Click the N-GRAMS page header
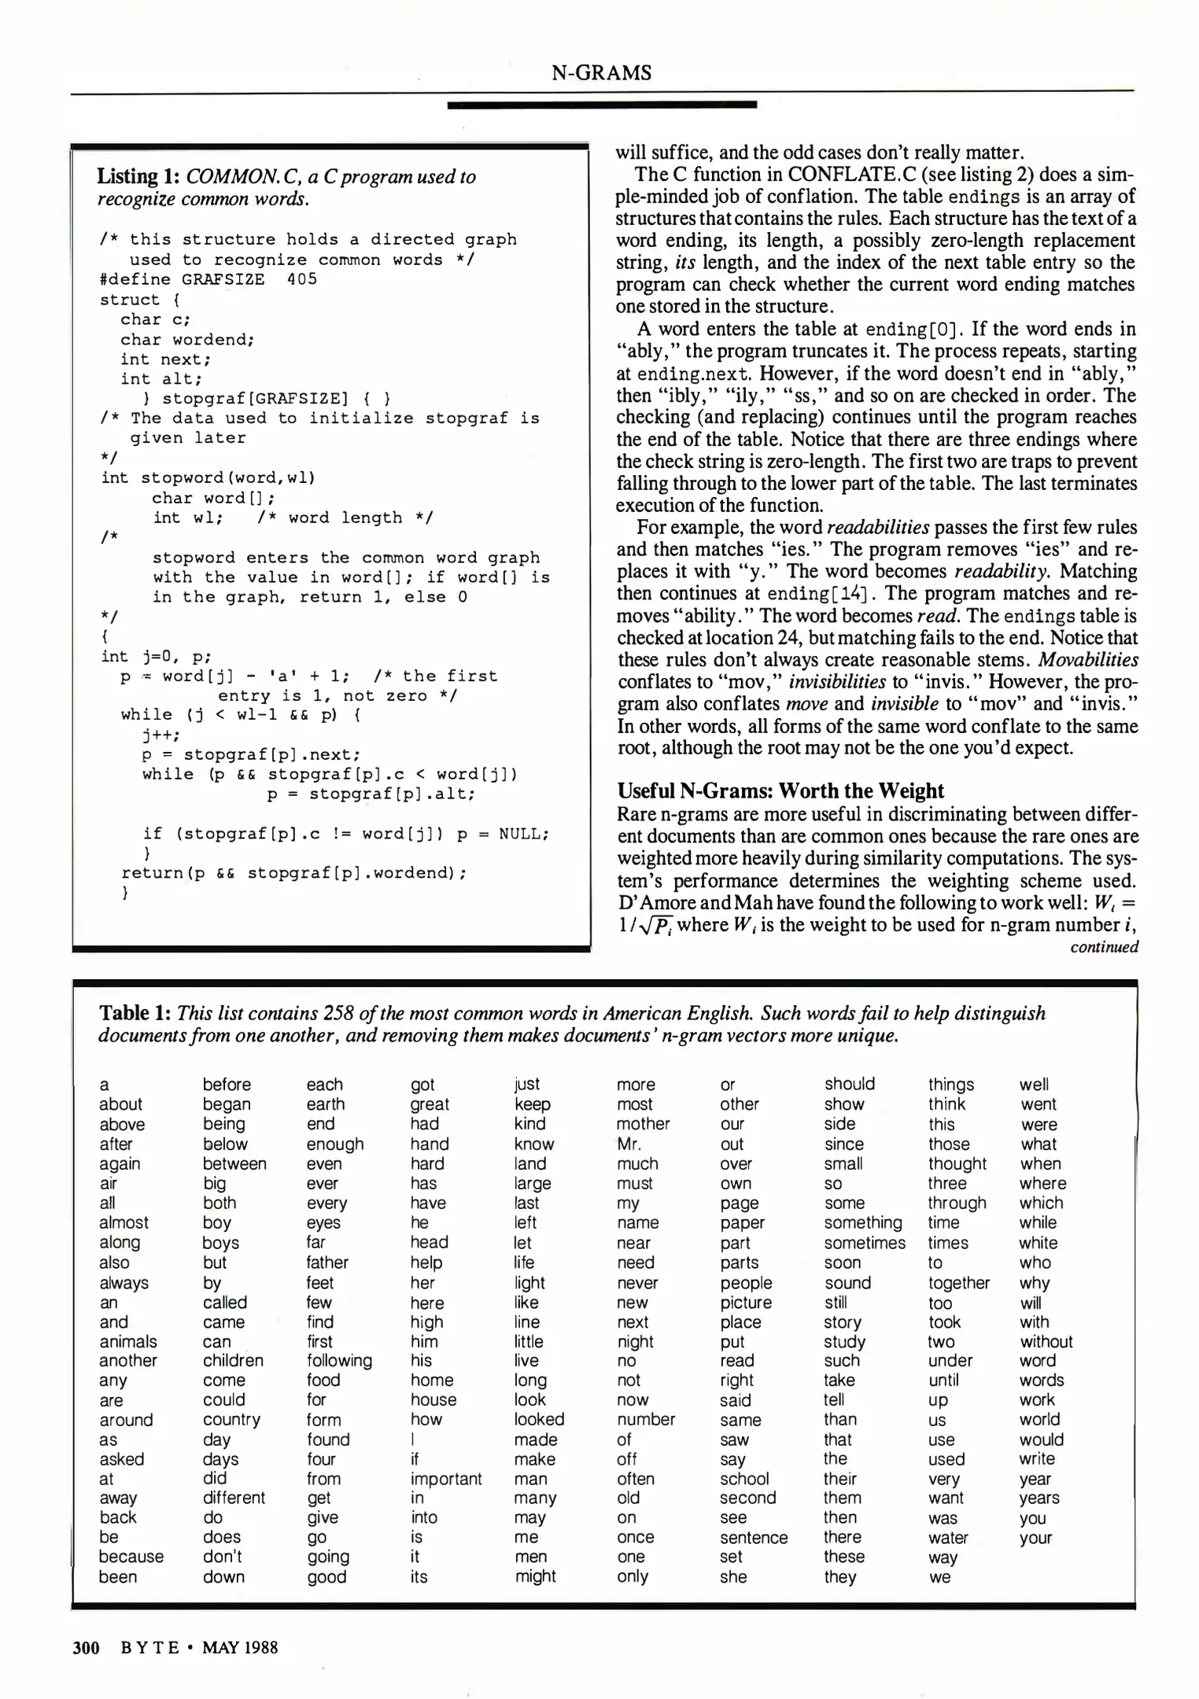[x=601, y=73]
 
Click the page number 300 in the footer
[x=86, y=1647]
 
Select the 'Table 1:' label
[x=135, y=1013]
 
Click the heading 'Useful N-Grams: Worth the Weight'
[x=780, y=791]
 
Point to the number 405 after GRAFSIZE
[x=302, y=279]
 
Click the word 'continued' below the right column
[x=1104, y=947]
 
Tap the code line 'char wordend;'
[x=187, y=339]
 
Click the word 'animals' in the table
[x=128, y=1341]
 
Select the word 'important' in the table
[x=446, y=1479]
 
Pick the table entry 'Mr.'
[x=629, y=1144]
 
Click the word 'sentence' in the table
[x=754, y=1538]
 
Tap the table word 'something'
[x=863, y=1222]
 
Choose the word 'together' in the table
[x=959, y=1283]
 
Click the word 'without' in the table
[x=1046, y=1341]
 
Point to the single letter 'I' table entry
[x=413, y=1439]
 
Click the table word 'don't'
[x=223, y=1557]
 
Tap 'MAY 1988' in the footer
[x=240, y=1647]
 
